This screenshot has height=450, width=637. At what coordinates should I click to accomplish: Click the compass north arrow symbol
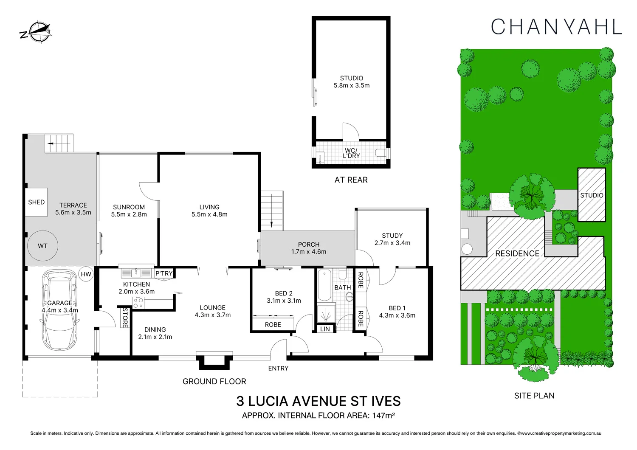pos(37,32)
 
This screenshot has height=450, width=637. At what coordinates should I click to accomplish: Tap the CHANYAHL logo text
pos(556,27)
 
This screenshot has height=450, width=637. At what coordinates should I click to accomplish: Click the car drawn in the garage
pos(60,311)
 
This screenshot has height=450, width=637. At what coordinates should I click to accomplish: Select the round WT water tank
pos(42,246)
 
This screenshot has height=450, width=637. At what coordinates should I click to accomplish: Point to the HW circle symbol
pos(86,274)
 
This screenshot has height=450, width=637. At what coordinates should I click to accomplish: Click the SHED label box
pos(37,202)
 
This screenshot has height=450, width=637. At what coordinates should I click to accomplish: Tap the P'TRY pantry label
pos(164,273)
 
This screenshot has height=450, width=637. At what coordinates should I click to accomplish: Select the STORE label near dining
pos(125,317)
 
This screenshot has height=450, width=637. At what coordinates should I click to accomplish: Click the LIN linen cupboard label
pos(325,329)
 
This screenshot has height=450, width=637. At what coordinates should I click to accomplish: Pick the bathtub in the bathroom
pos(324,286)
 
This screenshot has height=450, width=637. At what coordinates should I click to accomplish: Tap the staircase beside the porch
pos(272,211)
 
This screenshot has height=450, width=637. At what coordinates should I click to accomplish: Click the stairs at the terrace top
pos(59,143)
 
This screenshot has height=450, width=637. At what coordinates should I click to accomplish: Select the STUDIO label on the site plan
pos(592,195)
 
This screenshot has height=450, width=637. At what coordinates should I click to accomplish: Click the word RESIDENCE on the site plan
pos(517,253)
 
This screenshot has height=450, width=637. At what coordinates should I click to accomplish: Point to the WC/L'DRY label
pos(351,153)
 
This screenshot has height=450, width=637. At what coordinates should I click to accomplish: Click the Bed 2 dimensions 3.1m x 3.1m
pos(284,301)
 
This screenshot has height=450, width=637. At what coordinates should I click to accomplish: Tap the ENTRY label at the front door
pos(278,368)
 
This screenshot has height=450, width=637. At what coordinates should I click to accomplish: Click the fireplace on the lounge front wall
pos(214,360)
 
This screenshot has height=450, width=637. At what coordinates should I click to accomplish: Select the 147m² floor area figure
pos(383,416)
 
